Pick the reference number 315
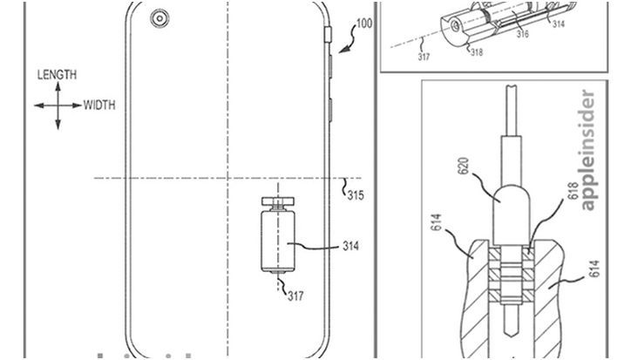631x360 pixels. tap(356, 194)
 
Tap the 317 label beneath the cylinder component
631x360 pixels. tap(297, 295)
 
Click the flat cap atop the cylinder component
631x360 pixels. tap(279, 203)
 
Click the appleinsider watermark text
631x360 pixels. tap(587, 149)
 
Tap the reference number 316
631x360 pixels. tap(520, 34)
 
